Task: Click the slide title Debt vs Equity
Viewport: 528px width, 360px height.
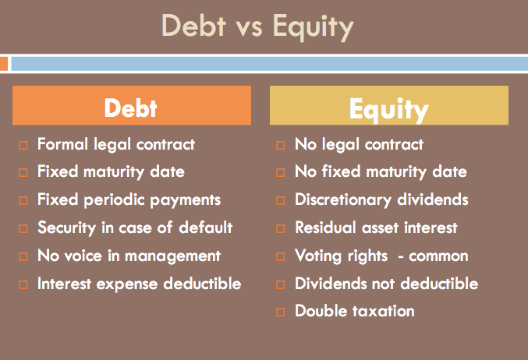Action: pos(257,26)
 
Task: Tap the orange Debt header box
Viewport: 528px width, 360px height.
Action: pos(131,106)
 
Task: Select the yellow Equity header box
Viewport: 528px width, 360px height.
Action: pos(388,106)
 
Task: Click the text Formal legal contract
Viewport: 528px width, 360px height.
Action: pos(116,144)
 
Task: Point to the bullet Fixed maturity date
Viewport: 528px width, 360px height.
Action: pos(111,171)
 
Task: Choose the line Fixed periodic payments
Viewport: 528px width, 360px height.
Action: pos(129,199)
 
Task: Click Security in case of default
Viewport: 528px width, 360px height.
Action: pos(135,228)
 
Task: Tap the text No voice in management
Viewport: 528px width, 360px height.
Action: pos(129,256)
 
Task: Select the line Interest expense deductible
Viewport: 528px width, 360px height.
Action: pos(139,284)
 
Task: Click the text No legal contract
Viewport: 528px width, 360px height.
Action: pos(359,144)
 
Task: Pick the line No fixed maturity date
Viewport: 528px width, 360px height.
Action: pos(381,171)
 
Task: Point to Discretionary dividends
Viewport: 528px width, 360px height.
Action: pos(381,199)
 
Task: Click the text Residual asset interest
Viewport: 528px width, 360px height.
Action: pos(376,228)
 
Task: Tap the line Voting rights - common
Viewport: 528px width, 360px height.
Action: pos(381,256)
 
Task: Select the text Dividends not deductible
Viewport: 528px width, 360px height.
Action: pos(386,284)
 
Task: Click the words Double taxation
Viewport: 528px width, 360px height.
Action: pos(354,311)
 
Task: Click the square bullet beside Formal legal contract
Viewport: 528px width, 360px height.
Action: pos(23,146)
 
